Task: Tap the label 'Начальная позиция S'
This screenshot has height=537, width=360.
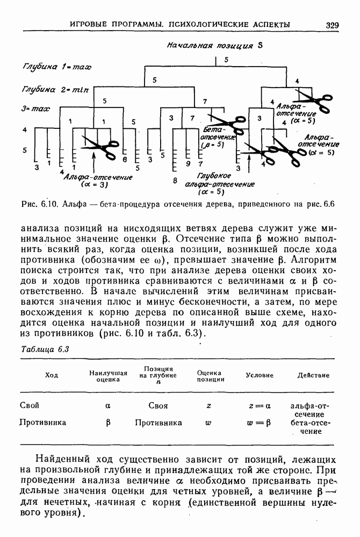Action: point(213,46)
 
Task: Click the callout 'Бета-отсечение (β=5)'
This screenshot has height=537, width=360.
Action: point(219,137)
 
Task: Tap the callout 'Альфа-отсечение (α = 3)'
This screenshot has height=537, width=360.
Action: point(97,180)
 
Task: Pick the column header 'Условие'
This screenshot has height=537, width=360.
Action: point(260,375)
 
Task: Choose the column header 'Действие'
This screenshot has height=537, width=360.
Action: point(313,375)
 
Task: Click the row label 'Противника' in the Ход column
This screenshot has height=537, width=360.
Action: point(43,422)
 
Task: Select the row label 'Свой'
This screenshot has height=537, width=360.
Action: point(29,405)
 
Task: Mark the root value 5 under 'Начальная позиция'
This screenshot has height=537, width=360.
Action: point(226,59)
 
